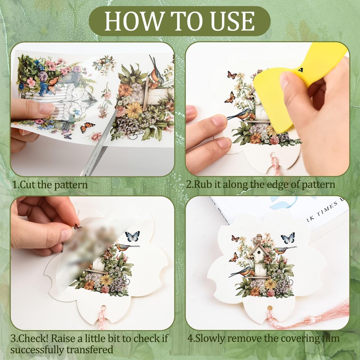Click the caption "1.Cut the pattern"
click(50, 184)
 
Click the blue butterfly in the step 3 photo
click(132, 236)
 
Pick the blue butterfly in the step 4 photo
click(288, 238)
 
